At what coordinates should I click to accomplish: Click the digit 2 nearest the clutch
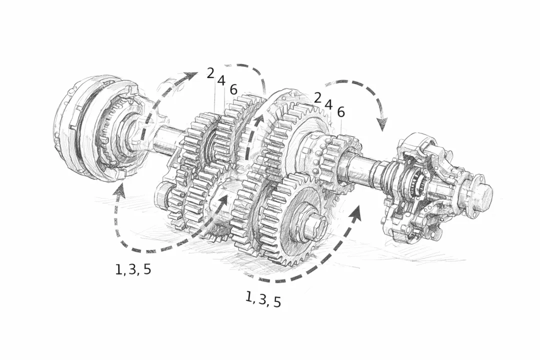tap(210, 73)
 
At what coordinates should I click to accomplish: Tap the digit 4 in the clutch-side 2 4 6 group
tap(221, 80)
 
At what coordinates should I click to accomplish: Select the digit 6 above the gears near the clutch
tap(233, 90)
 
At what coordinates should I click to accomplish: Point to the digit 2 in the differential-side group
tap(317, 98)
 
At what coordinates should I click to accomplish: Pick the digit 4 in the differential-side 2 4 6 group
tap(328, 104)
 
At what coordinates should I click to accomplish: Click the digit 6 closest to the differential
tap(341, 112)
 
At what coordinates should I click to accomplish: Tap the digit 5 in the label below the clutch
tap(147, 269)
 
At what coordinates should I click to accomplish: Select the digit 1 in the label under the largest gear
tap(248, 297)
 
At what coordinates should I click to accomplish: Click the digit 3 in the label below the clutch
tap(132, 269)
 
